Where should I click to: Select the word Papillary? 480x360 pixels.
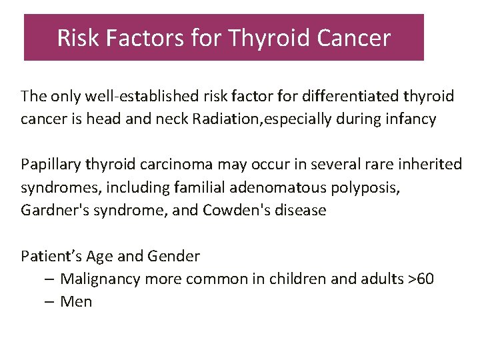coord(48,164)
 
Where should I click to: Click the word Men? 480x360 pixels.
coord(76,302)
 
